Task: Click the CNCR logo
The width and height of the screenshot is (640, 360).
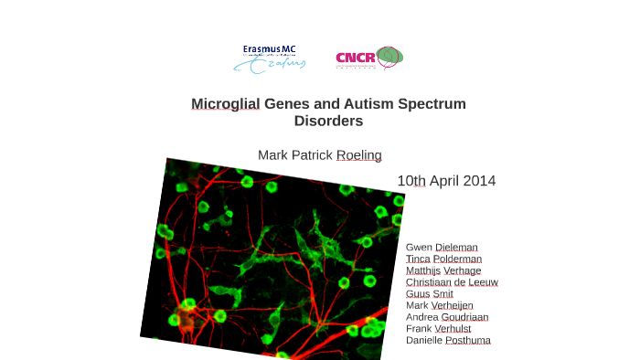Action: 368,58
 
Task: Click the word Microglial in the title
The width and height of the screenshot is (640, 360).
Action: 226,104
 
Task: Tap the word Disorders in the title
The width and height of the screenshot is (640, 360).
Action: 328,121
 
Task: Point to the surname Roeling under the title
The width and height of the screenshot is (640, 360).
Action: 358,155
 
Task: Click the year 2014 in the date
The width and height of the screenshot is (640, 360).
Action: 479,181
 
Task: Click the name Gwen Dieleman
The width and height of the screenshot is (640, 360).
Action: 442,248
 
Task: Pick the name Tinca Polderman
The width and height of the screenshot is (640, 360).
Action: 443,259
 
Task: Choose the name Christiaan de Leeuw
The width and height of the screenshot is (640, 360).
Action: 452,282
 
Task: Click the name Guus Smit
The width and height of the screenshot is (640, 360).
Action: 429,294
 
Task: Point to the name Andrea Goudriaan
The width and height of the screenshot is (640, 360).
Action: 447,317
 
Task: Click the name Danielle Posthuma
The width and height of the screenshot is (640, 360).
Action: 448,341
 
